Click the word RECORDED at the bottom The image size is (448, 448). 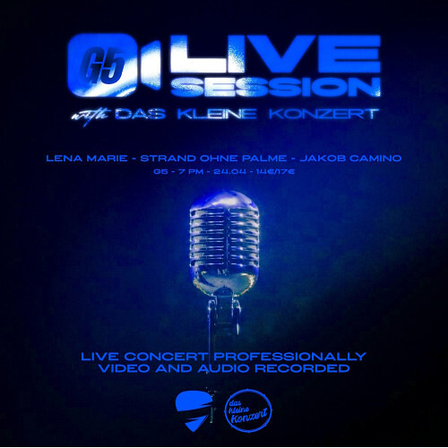pos(305,368)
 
